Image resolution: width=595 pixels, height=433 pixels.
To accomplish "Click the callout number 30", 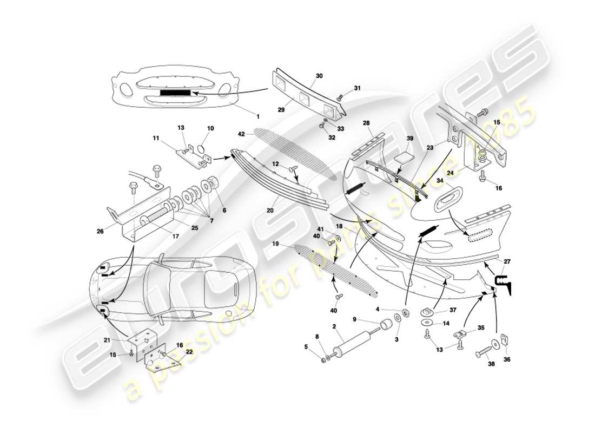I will click(x=319, y=76).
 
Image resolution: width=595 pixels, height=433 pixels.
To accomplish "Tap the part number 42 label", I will click(x=241, y=134).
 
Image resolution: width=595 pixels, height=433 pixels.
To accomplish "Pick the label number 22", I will click(x=189, y=352).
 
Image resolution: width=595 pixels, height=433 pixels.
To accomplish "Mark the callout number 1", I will click(x=257, y=116).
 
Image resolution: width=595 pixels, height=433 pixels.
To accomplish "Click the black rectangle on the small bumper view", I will click(x=176, y=93).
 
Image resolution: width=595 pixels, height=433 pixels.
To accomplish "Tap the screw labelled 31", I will click(x=339, y=97).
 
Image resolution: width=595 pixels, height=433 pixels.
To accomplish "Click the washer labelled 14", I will click(x=427, y=324).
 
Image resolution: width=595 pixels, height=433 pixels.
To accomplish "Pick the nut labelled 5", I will click(x=323, y=360).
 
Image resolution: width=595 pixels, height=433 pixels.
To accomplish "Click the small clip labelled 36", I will click(x=504, y=340).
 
